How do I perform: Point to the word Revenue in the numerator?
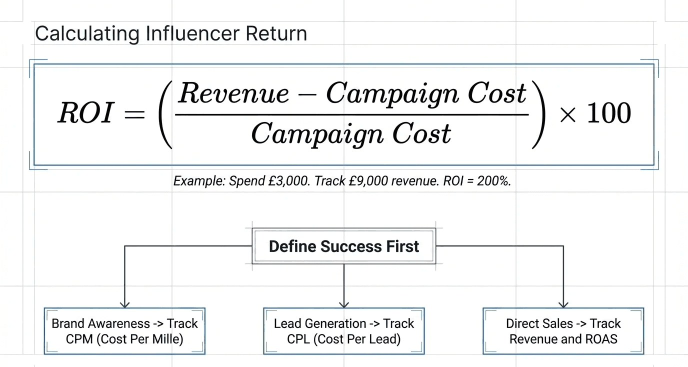click(233, 93)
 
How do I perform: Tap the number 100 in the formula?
click(608, 114)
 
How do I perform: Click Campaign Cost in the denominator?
click(351, 133)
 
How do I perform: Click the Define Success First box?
click(344, 246)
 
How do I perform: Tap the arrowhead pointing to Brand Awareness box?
click(124, 303)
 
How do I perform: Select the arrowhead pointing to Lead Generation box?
click(344, 303)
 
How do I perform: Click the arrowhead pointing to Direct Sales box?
click(563, 303)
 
